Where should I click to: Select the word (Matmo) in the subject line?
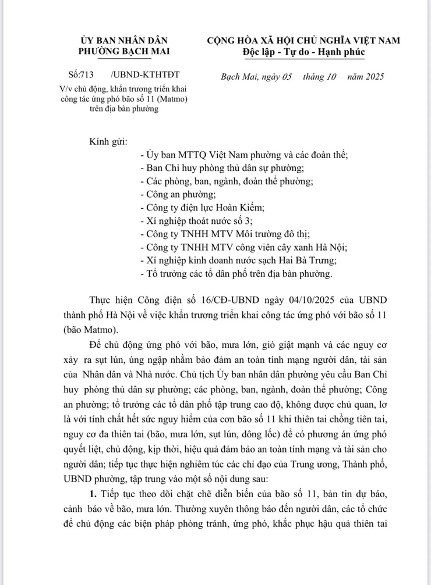[x=180, y=99]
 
